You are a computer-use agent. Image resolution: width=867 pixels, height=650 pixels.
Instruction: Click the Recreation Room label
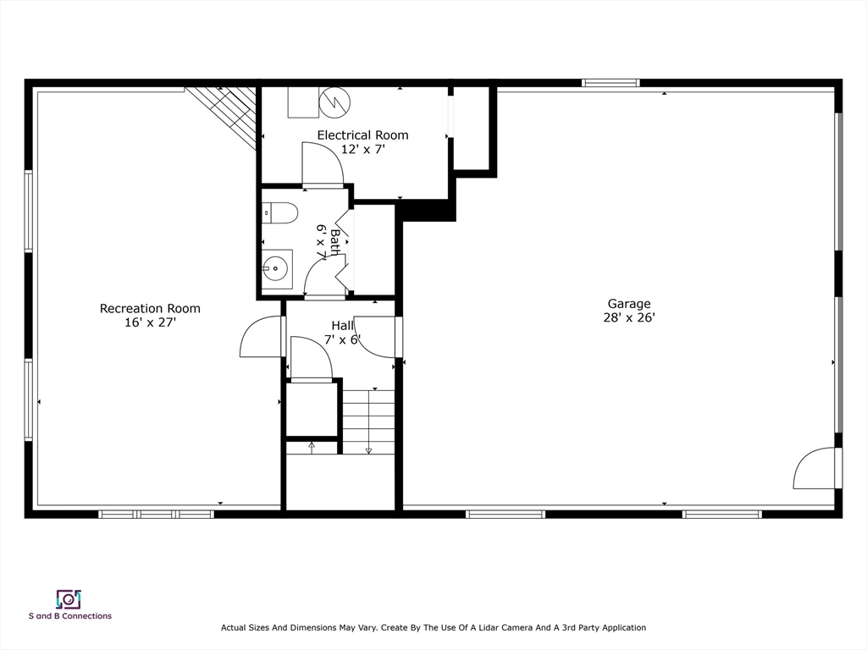click(150, 308)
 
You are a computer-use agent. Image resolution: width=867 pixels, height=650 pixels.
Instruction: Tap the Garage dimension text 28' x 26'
click(628, 318)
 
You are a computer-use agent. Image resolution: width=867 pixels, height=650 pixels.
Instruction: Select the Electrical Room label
click(362, 135)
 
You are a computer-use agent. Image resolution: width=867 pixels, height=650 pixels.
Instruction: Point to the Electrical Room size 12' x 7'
click(362, 150)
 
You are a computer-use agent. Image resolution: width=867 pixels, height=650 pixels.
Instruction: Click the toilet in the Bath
click(280, 212)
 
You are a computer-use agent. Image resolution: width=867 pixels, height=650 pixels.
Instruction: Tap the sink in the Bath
click(276, 270)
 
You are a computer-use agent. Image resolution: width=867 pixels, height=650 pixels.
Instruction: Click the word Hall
click(342, 326)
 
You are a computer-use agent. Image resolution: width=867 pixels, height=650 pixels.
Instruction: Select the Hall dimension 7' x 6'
click(342, 340)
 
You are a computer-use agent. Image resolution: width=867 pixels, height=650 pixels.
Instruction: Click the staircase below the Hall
click(368, 421)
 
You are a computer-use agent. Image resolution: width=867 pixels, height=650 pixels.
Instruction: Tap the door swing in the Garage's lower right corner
click(815, 469)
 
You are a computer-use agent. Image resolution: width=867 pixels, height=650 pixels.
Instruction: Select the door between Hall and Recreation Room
click(262, 337)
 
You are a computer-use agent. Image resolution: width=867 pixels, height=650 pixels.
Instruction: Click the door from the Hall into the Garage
click(376, 336)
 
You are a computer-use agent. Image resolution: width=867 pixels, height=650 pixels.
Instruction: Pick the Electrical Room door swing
click(322, 163)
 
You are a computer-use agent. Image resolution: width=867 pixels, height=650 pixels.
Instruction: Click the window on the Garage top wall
click(610, 83)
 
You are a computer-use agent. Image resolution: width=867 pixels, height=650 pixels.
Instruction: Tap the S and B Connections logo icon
click(69, 599)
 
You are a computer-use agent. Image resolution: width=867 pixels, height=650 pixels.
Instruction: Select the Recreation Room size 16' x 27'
click(150, 322)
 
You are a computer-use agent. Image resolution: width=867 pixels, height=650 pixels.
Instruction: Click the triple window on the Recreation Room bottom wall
click(156, 514)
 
